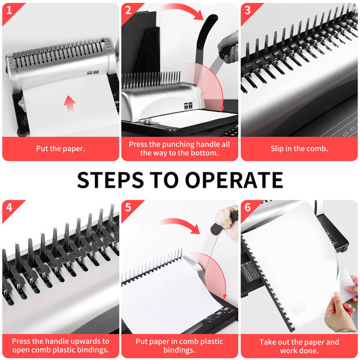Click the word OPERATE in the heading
point(234,180)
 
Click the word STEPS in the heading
point(110,180)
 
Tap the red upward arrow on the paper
point(70,103)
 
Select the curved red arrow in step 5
point(181,221)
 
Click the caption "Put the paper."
point(61,149)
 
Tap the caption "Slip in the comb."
point(299,149)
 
